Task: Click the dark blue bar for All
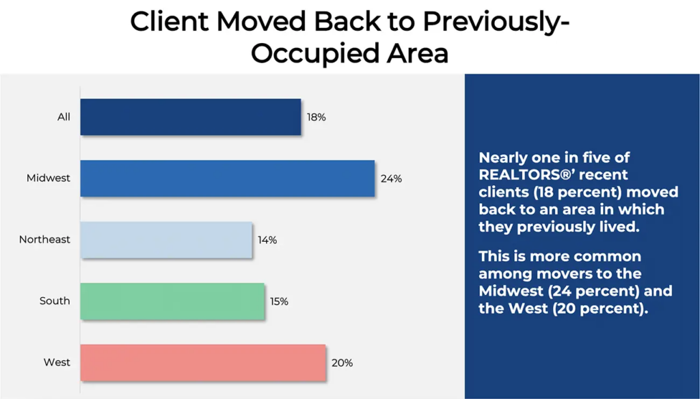point(191,117)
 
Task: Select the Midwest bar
point(228,178)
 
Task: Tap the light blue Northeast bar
point(166,240)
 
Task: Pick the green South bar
point(172,301)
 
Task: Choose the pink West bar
point(203,362)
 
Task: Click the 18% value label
point(316,118)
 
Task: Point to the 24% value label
point(391,179)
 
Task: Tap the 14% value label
point(267,240)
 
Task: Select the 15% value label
point(279,302)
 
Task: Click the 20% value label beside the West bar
point(342,363)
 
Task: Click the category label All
point(64,117)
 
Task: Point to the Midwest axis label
point(49,178)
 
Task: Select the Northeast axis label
point(44,240)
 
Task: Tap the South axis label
point(55,301)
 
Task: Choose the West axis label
point(57,362)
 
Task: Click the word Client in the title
point(170,21)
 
